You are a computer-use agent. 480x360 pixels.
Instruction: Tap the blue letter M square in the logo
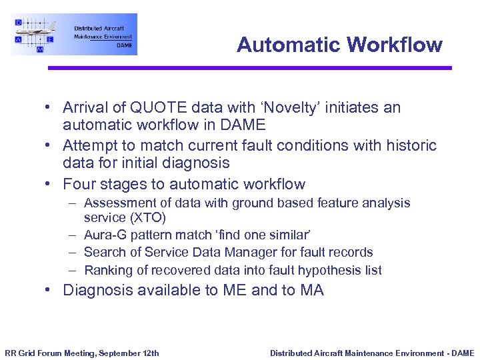(x=40, y=49)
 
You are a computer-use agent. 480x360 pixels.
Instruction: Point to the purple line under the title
(x=249, y=68)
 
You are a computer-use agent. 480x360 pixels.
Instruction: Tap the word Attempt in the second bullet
(x=89, y=145)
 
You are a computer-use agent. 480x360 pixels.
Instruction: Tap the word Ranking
(x=107, y=270)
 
